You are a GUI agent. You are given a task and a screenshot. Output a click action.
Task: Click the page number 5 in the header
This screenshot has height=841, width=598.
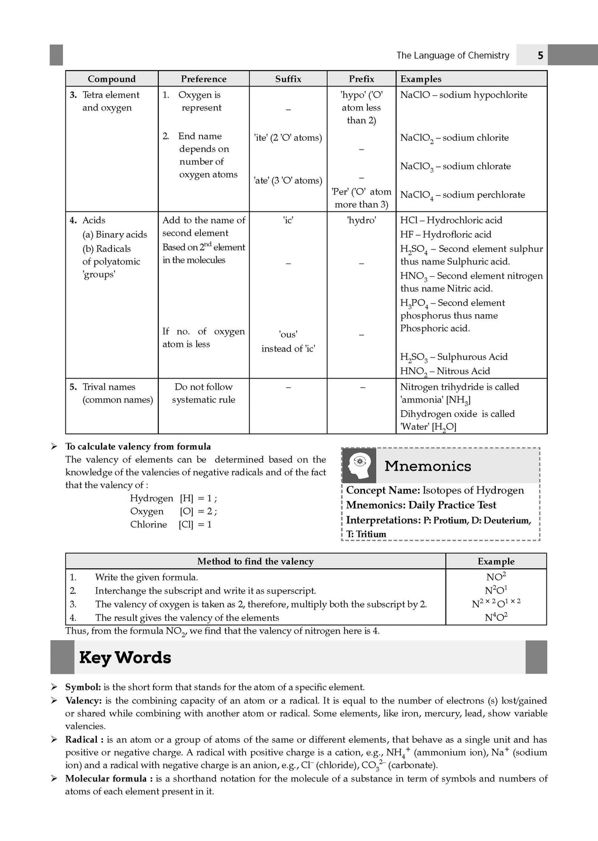coord(540,55)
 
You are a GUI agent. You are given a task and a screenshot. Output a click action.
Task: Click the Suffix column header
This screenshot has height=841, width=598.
coord(288,79)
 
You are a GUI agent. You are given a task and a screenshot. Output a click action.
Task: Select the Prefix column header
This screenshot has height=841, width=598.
coord(361,79)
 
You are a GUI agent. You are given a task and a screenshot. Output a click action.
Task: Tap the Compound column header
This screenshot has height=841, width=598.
coord(112,79)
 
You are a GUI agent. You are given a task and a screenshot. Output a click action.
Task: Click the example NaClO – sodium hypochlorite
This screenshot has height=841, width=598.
coord(463,95)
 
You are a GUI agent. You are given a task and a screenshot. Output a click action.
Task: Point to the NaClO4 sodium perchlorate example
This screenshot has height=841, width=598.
coord(462,195)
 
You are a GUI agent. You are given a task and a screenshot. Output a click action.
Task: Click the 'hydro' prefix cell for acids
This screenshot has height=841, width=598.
coord(361,220)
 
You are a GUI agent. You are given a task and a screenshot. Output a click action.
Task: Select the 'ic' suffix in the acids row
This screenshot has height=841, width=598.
coord(288,220)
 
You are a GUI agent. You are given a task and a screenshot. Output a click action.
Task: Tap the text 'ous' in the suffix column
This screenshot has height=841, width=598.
coord(288,335)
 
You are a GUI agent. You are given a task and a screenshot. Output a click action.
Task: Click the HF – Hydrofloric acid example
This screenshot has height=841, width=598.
coord(446,234)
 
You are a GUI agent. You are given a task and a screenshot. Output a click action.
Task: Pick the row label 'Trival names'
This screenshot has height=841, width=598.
coord(109,387)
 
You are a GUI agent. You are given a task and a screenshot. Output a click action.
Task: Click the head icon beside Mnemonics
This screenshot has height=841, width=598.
coord(359,465)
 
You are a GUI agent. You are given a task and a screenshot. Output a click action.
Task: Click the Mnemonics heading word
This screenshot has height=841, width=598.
coord(427,466)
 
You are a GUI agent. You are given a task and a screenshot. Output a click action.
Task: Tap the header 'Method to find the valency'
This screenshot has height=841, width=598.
coord(255,561)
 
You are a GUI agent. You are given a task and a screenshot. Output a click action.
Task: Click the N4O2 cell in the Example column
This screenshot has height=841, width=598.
coord(496,617)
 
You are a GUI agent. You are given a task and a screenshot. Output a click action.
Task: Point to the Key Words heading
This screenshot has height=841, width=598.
coord(125,658)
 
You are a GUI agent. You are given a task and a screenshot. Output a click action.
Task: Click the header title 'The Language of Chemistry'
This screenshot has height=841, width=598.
coord(453,55)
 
